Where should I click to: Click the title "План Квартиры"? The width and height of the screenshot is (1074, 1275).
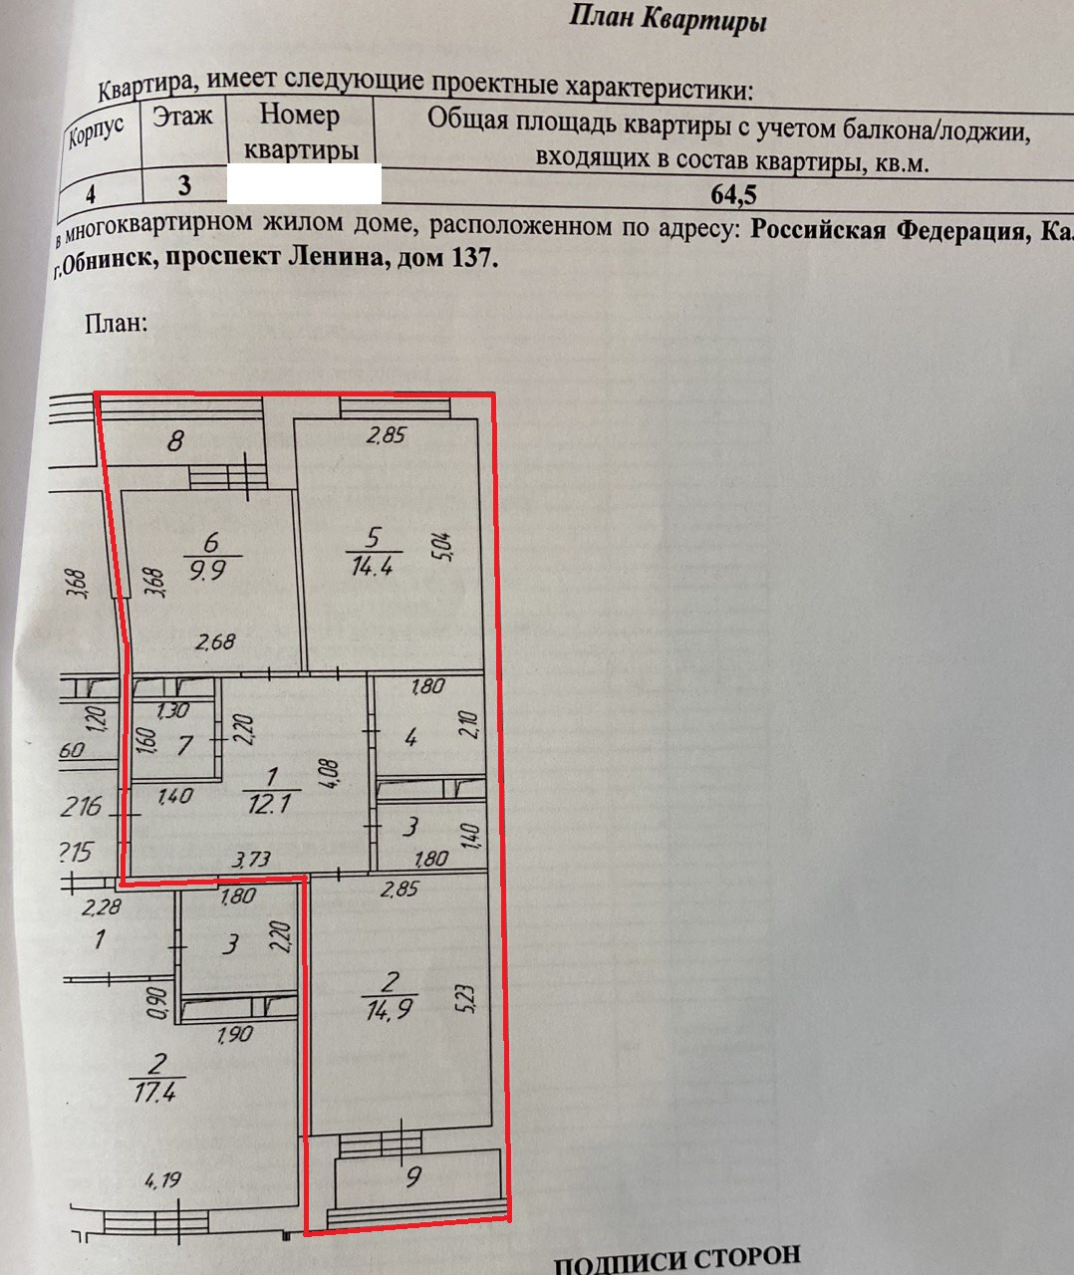pyautogui.click(x=668, y=18)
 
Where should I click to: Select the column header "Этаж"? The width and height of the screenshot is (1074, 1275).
pyautogui.click(x=182, y=117)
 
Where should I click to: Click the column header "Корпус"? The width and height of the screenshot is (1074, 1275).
pyautogui.click(x=97, y=130)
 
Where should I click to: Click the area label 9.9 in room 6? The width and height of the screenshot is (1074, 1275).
pyautogui.click(x=208, y=574)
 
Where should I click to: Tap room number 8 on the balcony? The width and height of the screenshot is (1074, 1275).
pyautogui.click(x=175, y=440)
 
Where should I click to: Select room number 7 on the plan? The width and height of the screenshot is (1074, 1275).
pyautogui.click(x=184, y=744)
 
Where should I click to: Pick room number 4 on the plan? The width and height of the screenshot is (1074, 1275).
pyautogui.click(x=409, y=738)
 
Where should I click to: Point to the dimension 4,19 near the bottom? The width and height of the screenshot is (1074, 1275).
pyautogui.click(x=163, y=1182)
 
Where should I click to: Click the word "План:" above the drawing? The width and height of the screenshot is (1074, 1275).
pyautogui.click(x=116, y=323)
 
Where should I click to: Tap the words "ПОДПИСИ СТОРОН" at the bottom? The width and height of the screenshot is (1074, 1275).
pyautogui.click(x=676, y=1259)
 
